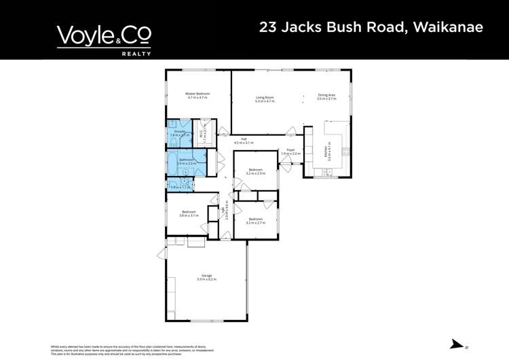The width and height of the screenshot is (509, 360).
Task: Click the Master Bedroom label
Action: click(197, 96)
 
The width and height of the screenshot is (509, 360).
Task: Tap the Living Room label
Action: click(265, 99)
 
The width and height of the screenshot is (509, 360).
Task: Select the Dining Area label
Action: click(326, 96)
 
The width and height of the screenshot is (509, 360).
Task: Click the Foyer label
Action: click(290, 151)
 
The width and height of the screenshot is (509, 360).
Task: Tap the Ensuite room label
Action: click(180, 133)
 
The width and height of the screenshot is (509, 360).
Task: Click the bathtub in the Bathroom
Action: click(173, 163)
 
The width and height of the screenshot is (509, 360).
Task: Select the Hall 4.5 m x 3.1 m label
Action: click(243, 141)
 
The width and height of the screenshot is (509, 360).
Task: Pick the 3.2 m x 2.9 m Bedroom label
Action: click(255, 171)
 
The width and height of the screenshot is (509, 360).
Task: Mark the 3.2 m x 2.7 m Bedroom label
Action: click(255, 221)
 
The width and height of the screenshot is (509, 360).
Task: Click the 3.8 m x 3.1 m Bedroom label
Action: click(189, 214)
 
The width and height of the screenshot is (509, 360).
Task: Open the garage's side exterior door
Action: click(162, 254)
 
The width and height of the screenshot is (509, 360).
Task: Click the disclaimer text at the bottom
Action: click(132, 350)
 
